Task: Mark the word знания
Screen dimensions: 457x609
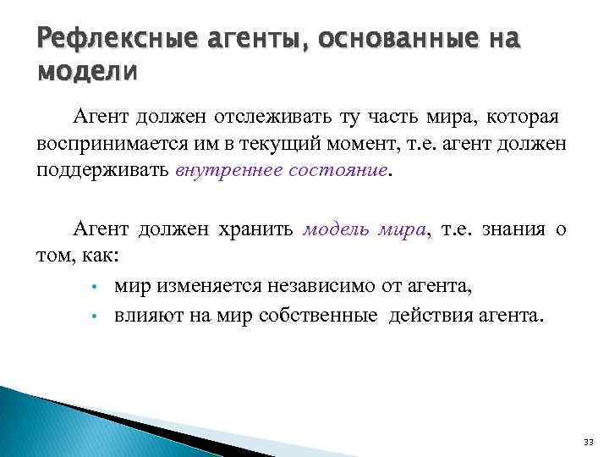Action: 512,229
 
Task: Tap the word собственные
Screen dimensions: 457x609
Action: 311,316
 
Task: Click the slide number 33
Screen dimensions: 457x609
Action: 589,443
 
